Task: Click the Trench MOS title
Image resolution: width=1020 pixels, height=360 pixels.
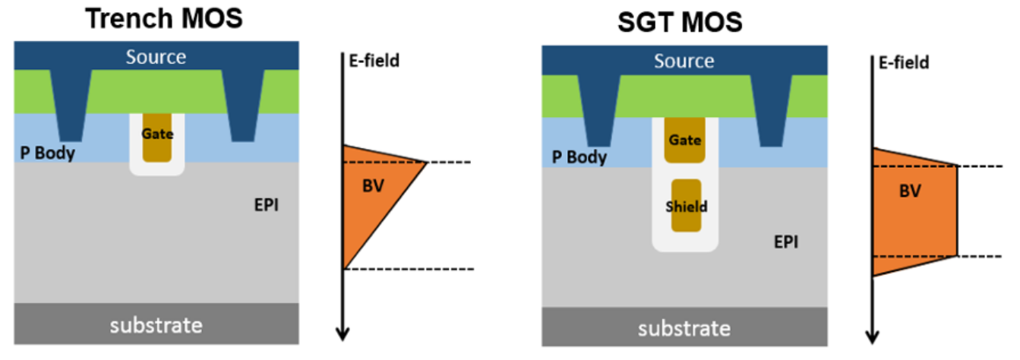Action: (164, 17)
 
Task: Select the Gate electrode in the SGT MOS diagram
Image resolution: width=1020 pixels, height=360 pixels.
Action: (684, 141)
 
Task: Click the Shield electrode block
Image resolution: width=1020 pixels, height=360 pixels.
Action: (685, 205)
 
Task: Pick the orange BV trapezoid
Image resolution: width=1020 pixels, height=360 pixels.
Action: (911, 209)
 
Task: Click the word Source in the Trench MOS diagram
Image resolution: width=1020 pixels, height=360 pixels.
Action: (156, 56)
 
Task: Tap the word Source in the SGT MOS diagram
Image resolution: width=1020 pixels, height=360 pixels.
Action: (684, 61)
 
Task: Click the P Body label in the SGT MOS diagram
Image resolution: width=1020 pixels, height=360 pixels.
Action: (579, 157)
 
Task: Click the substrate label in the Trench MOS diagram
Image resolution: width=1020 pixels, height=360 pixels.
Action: (156, 325)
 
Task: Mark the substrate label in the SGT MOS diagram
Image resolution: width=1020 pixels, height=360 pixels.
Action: (684, 328)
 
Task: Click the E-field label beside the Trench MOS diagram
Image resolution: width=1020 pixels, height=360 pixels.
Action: (373, 59)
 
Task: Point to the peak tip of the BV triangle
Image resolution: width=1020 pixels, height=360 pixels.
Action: (427, 162)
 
